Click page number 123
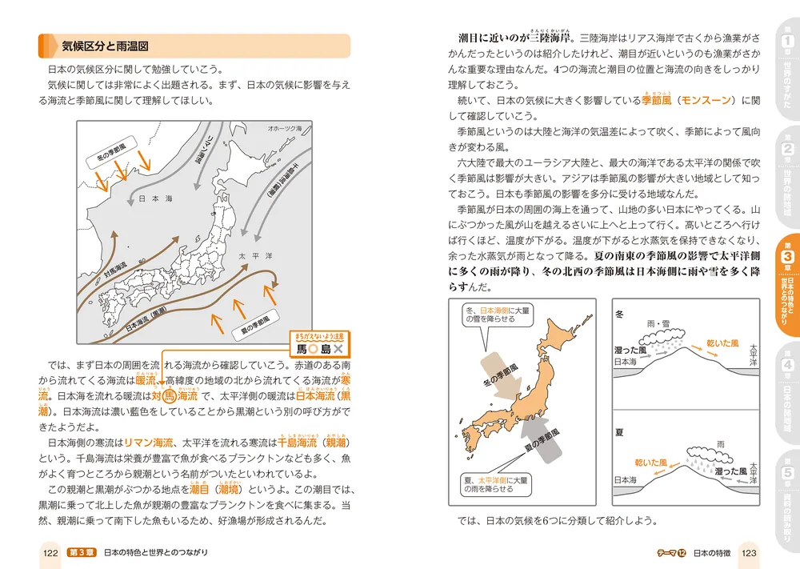coord(747,552)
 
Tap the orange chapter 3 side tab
coord(787,285)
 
